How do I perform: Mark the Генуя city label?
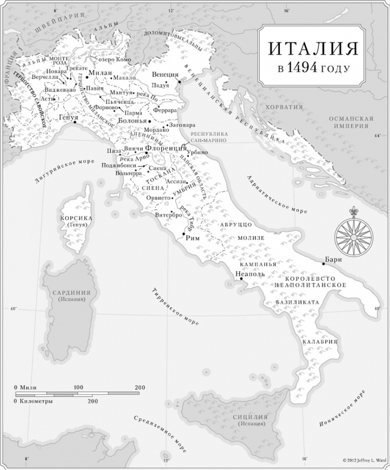pos(69,117)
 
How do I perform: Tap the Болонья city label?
pos(133,120)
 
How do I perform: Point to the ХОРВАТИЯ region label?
pos(283,107)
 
